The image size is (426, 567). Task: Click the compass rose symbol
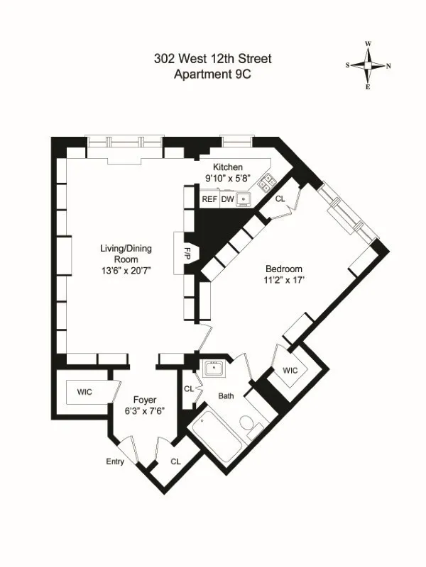[368, 64]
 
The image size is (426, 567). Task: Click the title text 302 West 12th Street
[212, 59]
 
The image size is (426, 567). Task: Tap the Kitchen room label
[217, 167]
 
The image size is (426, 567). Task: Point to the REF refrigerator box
[209, 200]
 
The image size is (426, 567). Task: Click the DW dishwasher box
[227, 200]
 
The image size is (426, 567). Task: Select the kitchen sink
[244, 199]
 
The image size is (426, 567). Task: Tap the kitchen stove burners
[268, 182]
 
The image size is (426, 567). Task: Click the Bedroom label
[284, 269]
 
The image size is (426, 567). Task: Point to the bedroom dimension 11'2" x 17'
[284, 281]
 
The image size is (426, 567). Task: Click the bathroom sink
[213, 369]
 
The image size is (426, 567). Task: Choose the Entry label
[115, 462]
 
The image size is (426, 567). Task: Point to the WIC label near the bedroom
[290, 371]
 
